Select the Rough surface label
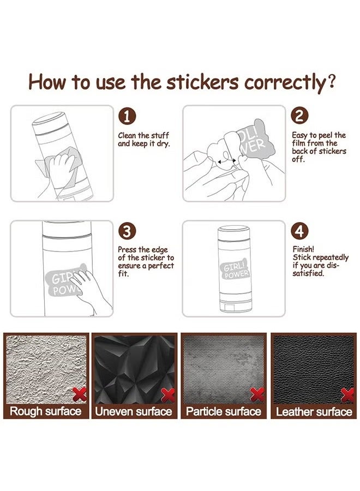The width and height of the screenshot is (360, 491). pos(46,411)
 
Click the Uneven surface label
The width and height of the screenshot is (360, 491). pos(134,411)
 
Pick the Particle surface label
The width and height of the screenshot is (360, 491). pos(224,411)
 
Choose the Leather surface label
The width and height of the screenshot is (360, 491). pos(314,411)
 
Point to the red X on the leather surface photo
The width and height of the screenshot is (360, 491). pos(347,394)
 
